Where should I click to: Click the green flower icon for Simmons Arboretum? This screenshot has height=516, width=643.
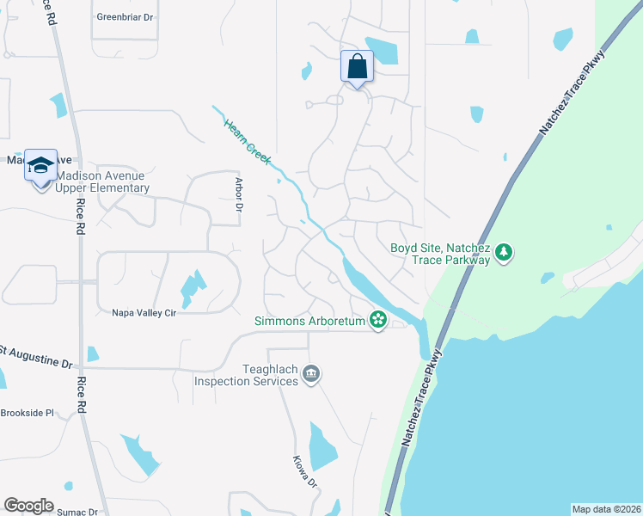pos(377,320)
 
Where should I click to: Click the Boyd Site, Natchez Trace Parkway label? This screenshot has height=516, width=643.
pos(439,253)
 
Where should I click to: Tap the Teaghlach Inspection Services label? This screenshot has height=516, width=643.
pos(246,375)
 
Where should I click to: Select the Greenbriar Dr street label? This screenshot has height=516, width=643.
pos(125,15)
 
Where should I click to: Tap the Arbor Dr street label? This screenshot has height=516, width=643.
pos(240,194)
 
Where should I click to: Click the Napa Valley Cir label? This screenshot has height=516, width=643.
pos(144,313)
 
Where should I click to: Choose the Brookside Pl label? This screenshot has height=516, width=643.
pos(28,413)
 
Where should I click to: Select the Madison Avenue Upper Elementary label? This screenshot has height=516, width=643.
pos(102,181)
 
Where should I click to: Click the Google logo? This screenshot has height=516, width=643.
pos(28,506)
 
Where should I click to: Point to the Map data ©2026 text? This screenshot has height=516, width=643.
pos(606,509)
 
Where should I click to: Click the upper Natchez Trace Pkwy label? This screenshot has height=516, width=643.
pos(572,91)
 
